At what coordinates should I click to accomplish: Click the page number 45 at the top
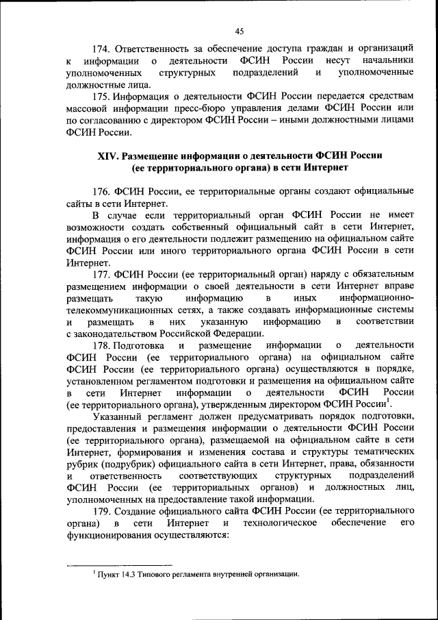pyautogui.click(x=239, y=31)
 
